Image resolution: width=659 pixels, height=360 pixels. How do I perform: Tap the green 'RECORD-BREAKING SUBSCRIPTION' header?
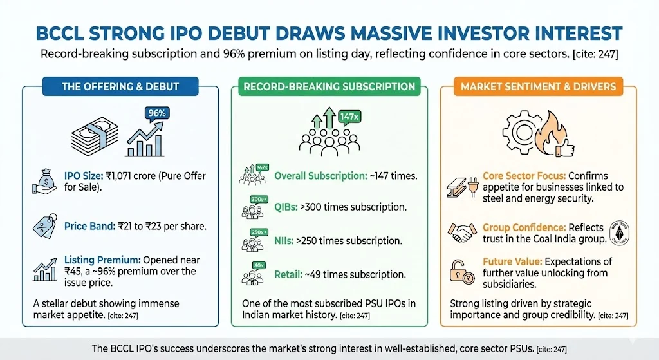pos(329,86)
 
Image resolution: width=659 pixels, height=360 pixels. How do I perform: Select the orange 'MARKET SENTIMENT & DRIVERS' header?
pos(538,86)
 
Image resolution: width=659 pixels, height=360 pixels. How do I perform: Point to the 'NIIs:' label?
pos(287,240)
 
